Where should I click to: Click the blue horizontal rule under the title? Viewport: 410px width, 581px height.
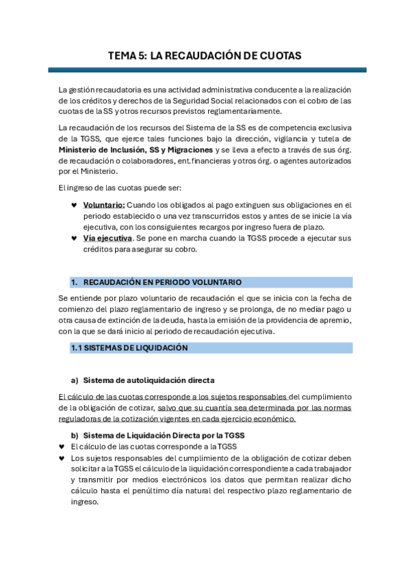tap(207, 70)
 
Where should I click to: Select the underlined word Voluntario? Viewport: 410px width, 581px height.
tap(103, 205)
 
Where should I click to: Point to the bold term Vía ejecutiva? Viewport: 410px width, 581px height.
tap(107, 238)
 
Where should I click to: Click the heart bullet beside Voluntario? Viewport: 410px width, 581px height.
tap(74, 205)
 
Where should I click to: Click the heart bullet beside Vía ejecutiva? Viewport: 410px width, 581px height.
tap(74, 238)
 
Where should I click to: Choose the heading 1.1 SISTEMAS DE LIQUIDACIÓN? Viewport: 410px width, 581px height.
tap(129, 348)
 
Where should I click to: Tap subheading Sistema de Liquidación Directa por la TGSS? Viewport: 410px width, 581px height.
tap(164, 435)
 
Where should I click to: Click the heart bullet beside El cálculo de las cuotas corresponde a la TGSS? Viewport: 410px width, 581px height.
tap(62, 447)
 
